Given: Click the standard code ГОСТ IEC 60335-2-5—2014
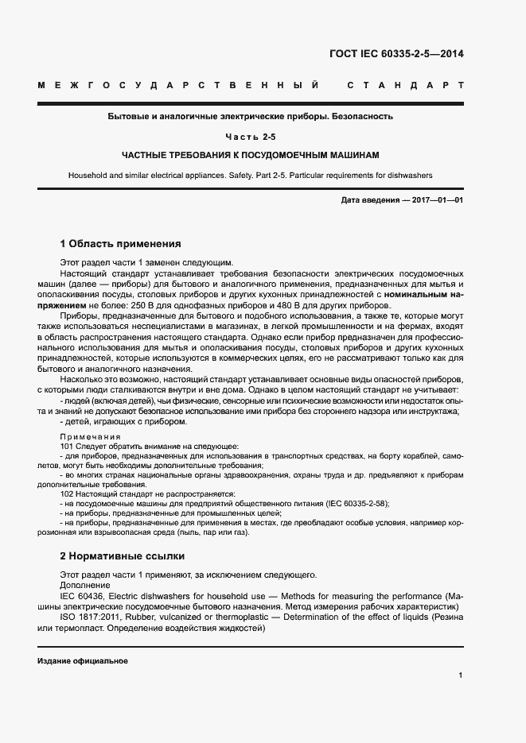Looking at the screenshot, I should pyautogui.click(x=395, y=54).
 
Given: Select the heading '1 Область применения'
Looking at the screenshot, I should pyautogui.click(x=121, y=244).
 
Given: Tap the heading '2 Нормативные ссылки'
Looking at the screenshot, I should pyautogui.click(x=122, y=556).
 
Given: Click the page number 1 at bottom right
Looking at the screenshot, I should pyautogui.click(x=461, y=675).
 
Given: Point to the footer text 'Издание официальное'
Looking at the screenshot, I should pyautogui.click(x=82, y=661).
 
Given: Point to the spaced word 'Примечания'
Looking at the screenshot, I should pyautogui.click(x=90, y=437).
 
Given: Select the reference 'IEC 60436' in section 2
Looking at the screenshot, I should pyautogui.click(x=81, y=595).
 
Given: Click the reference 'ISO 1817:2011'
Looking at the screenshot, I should pyautogui.click(x=89, y=617).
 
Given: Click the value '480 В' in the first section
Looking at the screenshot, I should pyautogui.click(x=337, y=305).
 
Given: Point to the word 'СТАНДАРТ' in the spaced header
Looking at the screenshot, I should pyautogui.click(x=406, y=85).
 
